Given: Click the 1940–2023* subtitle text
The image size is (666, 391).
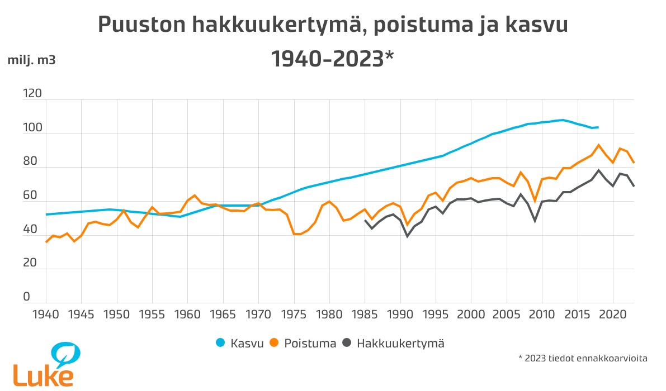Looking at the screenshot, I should click(332, 59).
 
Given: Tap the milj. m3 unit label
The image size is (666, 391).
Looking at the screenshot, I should click(31, 60).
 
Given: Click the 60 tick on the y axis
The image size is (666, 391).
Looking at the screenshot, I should click(30, 195).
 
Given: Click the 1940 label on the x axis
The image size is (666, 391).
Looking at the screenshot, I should click(46, 314).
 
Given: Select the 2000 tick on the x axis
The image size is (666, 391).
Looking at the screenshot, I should click(471, 314).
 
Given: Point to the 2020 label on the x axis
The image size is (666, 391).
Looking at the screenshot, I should click(613, 314).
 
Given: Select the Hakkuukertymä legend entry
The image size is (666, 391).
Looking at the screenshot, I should click(394, 344).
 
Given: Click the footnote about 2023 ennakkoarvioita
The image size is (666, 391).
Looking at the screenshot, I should click(583, 358).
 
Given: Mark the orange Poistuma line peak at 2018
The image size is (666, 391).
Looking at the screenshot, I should click(599, 145).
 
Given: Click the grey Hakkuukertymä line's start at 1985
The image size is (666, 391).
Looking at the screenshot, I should click(365, 220).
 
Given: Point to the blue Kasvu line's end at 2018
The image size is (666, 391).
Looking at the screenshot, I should click(598, 127).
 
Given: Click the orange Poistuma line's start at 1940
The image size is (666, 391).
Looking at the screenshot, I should click(46, 242).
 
